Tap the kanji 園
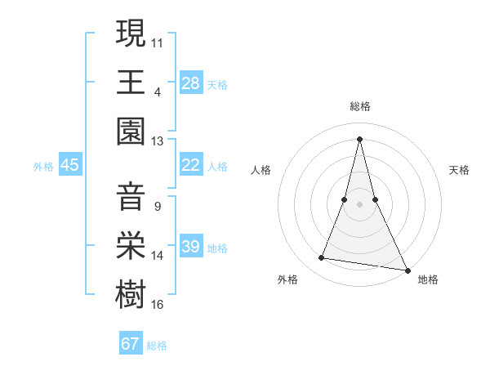point(131,132)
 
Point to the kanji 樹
point(131,296)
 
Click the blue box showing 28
point(190,83)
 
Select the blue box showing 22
point(190,165)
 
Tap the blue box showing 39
point(190,247)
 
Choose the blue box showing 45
point(69,165)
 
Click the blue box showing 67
point(131,344)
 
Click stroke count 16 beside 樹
point(158,305)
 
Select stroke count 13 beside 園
point(158,141)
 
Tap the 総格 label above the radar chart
point(360,107)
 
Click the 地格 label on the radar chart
point(428,279)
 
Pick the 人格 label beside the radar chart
point(261,170)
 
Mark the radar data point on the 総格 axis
point(360,137)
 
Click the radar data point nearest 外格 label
point(322,258)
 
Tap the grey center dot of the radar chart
point(360,204)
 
